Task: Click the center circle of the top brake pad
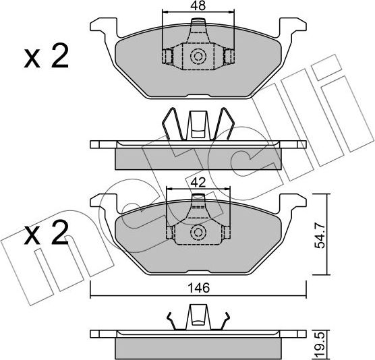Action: [199, 57]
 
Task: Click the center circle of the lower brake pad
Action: [199, 233]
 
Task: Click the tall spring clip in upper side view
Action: [198, 125]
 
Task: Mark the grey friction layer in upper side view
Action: [199, 159]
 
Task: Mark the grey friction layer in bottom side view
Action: [199, 346]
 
